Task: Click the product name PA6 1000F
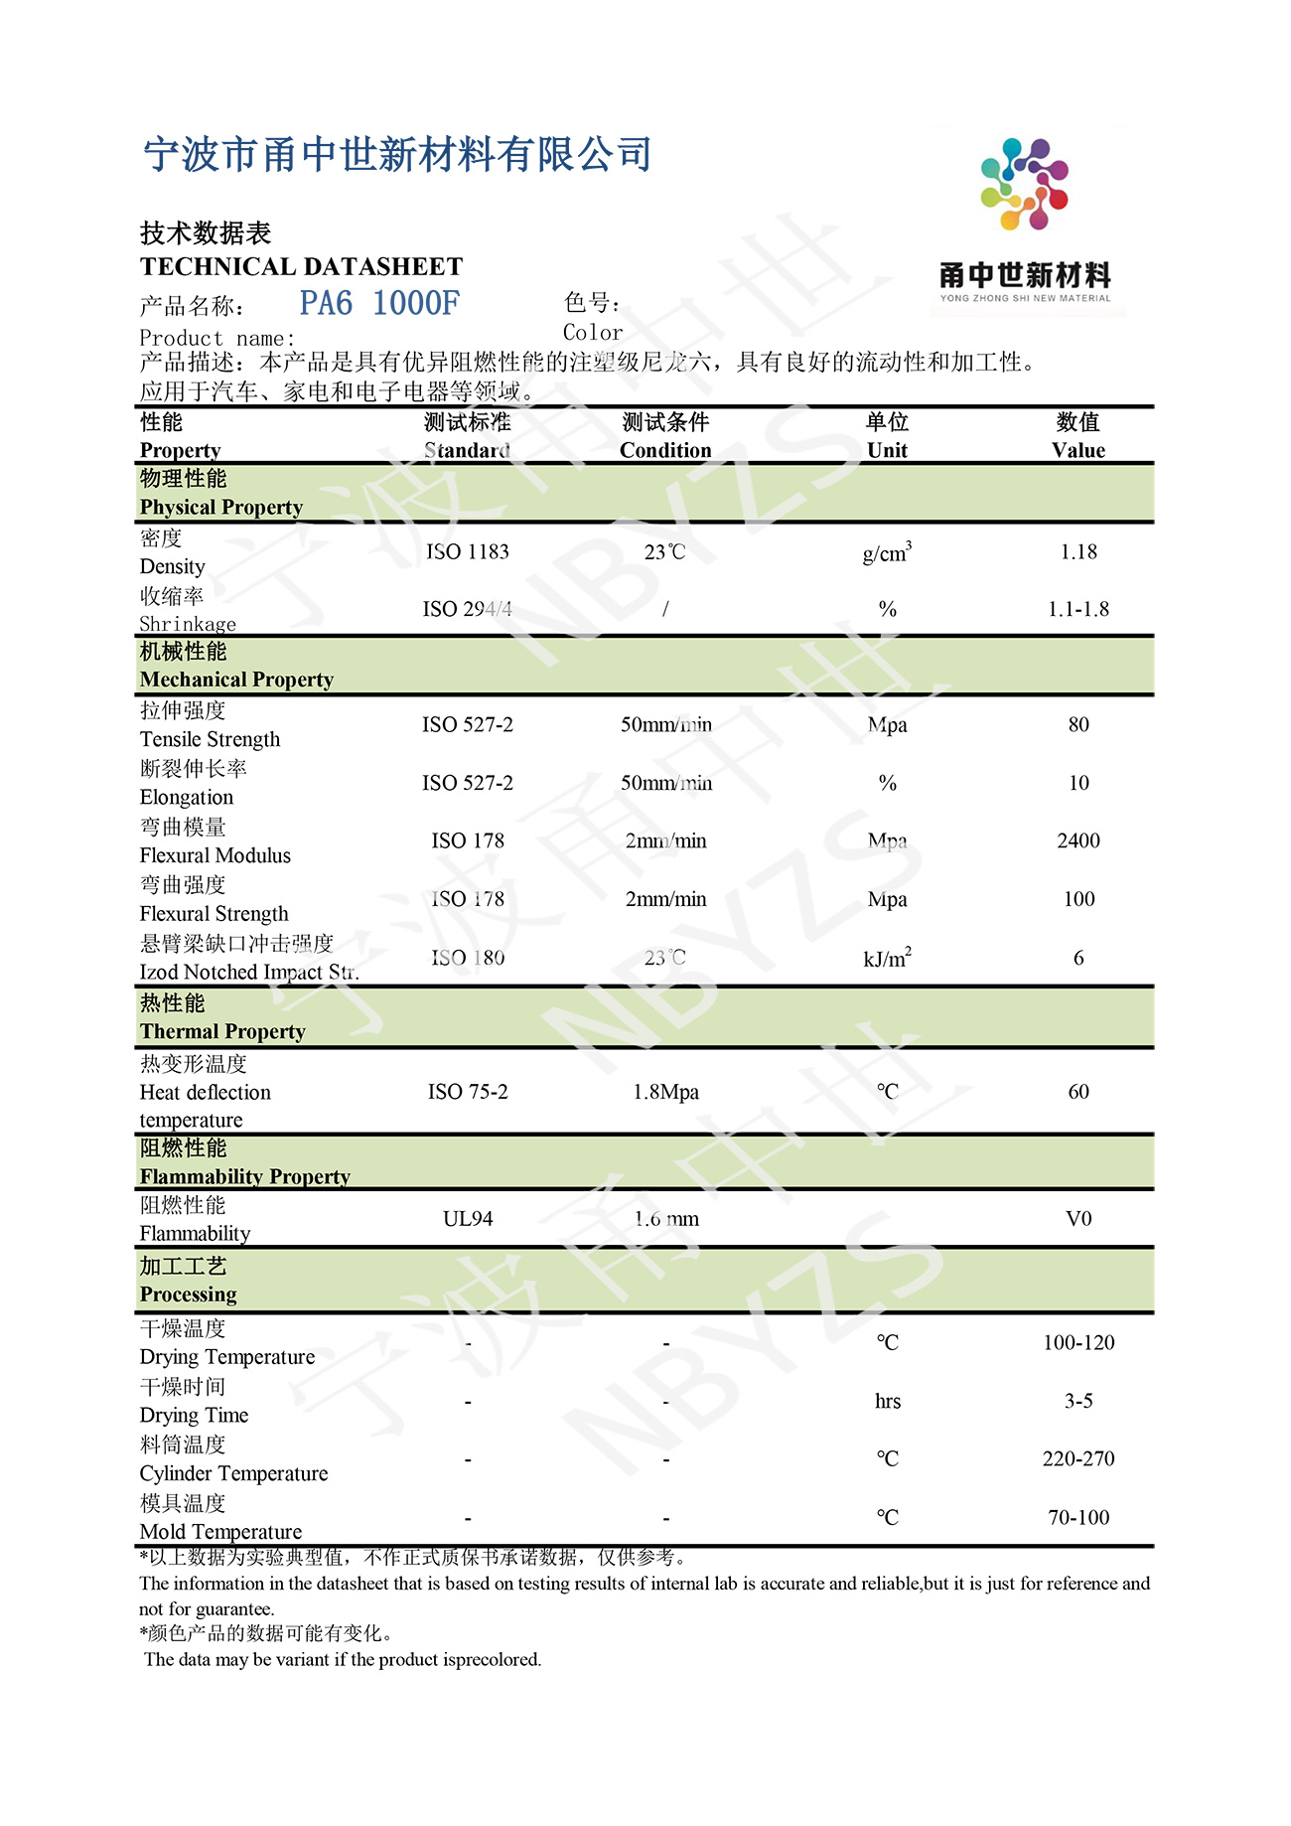pyautogui.click(x=379, y=303)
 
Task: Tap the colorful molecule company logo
pyautogui.click(x=1024, y=185)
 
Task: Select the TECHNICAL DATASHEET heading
pyautogui.click(x=301, y=266)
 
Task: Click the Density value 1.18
pyautogui.click(x=1078, y=552)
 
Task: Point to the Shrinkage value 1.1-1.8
pyautogui.click(x=1078, y=609)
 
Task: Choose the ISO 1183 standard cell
pyautogui.click(x=467, y=552)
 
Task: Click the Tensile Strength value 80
pyautogui.click(x=1078, y=725)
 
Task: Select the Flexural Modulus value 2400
pyautogui.click(x=1078, y=841)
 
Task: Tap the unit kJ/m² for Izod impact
pyautogui.click(x=887, y=959)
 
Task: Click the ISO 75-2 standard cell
pyautogui.click(x=467, y=1092)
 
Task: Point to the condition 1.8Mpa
pyautogui.click(x=665, y=1092)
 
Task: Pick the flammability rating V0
pyautogui.click(x=1078, y=1219)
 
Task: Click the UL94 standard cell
pyautogui.click(x=467, y=1219)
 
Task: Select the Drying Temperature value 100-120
pyautogui.click(x=1078, y=1343)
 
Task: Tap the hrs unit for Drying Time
pyautogui.click(x=887, y=1402)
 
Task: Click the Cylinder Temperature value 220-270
pyautogui.click(x=1078, y=1459)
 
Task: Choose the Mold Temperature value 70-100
pyautogui.click(x=1078, y=1518)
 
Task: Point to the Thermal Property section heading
pyautogui.click(x=222, y=1031)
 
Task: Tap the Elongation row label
pyautogui.click(x=187, y=798)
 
